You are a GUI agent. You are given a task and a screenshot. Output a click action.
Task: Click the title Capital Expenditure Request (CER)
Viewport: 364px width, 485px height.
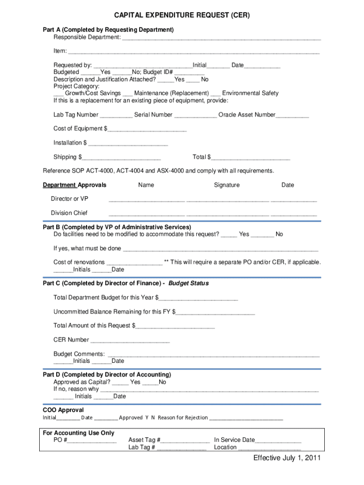tap(182, 16)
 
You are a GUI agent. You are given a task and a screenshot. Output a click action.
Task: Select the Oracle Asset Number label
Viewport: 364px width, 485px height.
tap(247, 115)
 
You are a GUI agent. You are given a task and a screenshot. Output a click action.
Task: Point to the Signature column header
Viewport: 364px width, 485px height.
tap(226, 185)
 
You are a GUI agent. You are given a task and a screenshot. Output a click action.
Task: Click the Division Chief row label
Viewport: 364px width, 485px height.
tap(69, 213)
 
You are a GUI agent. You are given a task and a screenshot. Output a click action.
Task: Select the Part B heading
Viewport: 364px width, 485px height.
tap(117, 227)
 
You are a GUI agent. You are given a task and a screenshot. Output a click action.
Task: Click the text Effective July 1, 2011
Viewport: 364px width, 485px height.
tap(287, 458)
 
